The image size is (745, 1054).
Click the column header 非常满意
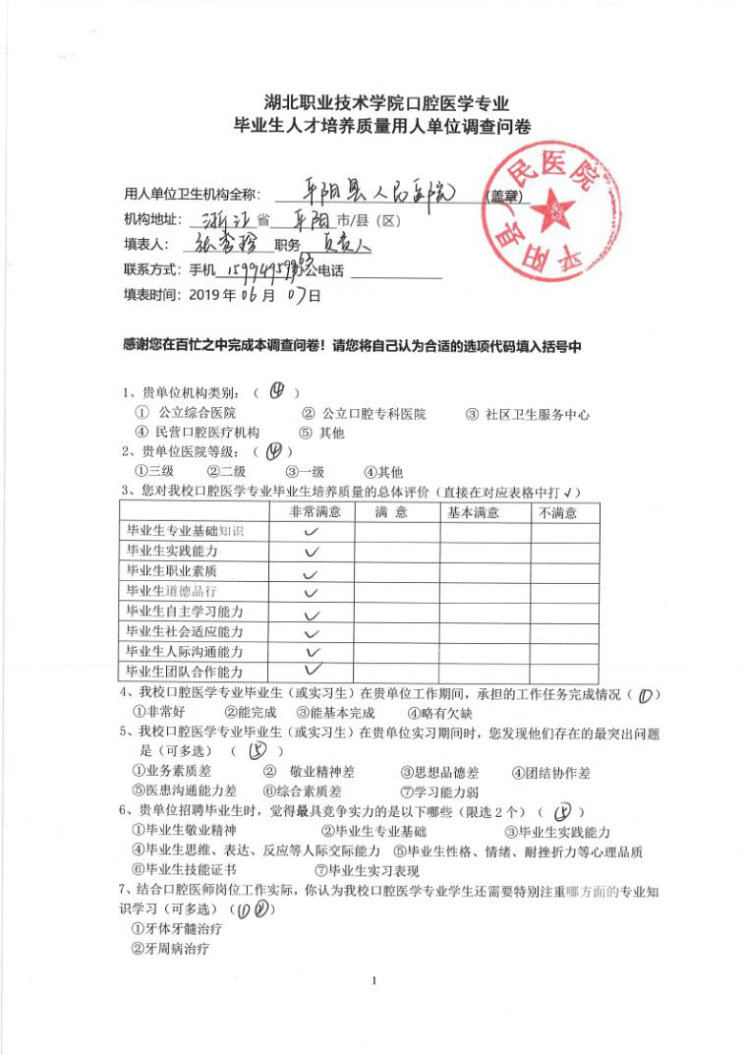(314, 512)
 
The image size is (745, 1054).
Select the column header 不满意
(556, 512)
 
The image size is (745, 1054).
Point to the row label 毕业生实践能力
(172, 551)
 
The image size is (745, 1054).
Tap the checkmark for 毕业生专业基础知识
(314, 532)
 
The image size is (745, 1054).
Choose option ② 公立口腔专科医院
(364, 414)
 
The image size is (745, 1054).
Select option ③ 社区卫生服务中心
(528, 414)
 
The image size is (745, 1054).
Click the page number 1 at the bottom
(374, 979)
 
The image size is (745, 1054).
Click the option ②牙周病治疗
(170, 949)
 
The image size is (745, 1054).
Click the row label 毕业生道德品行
(172, 591)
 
